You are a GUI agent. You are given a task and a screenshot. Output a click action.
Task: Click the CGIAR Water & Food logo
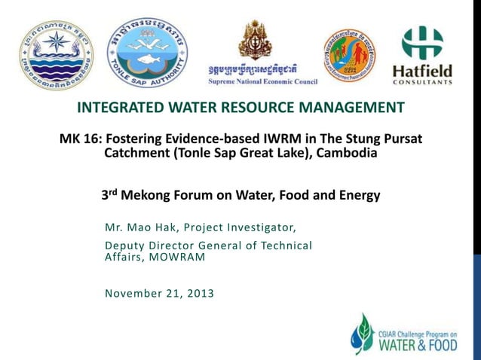click(403, 334)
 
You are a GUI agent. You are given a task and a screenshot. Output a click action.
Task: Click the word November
click(132, 293)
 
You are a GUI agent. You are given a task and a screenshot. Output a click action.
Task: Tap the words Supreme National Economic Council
click(262, 81)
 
